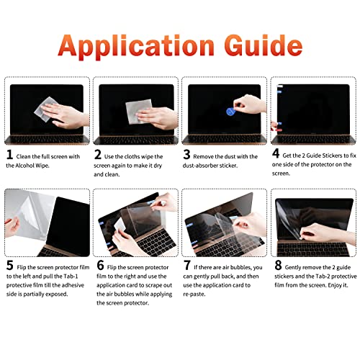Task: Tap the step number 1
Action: pyautogui.click(x=10, y=154)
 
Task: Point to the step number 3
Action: pyautogui.click(x=187, y=154)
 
